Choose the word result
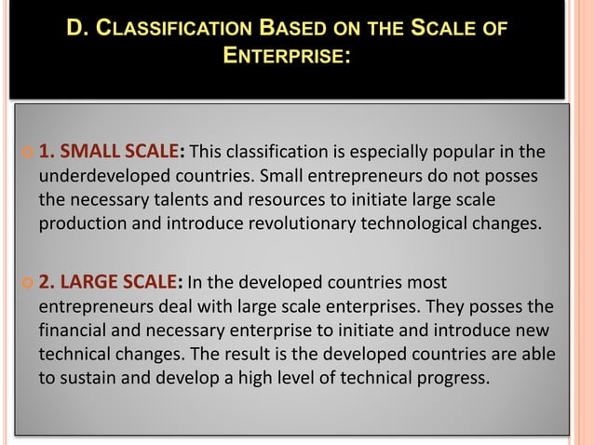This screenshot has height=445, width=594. coord(282,355)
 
